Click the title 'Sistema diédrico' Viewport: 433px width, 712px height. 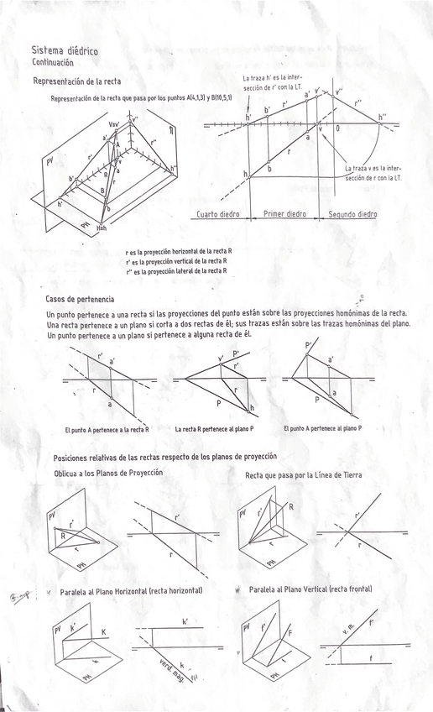coord(65,51)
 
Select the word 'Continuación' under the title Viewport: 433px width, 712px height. coord(53,63)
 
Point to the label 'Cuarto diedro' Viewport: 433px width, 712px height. coord(218,214)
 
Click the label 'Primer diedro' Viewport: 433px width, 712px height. coord(284,214)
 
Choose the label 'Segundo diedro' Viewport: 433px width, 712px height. coord(352,214)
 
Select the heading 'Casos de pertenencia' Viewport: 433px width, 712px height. coord(80,299)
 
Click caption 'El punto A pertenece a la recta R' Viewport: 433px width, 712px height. coord(107,429)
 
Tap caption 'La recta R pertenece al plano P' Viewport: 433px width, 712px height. coord(214,429)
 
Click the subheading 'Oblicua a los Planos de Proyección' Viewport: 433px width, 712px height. coord(108,473)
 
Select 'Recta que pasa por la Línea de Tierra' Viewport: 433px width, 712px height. coord(304,475)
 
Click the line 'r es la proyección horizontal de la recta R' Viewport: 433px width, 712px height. coord(179,252)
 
